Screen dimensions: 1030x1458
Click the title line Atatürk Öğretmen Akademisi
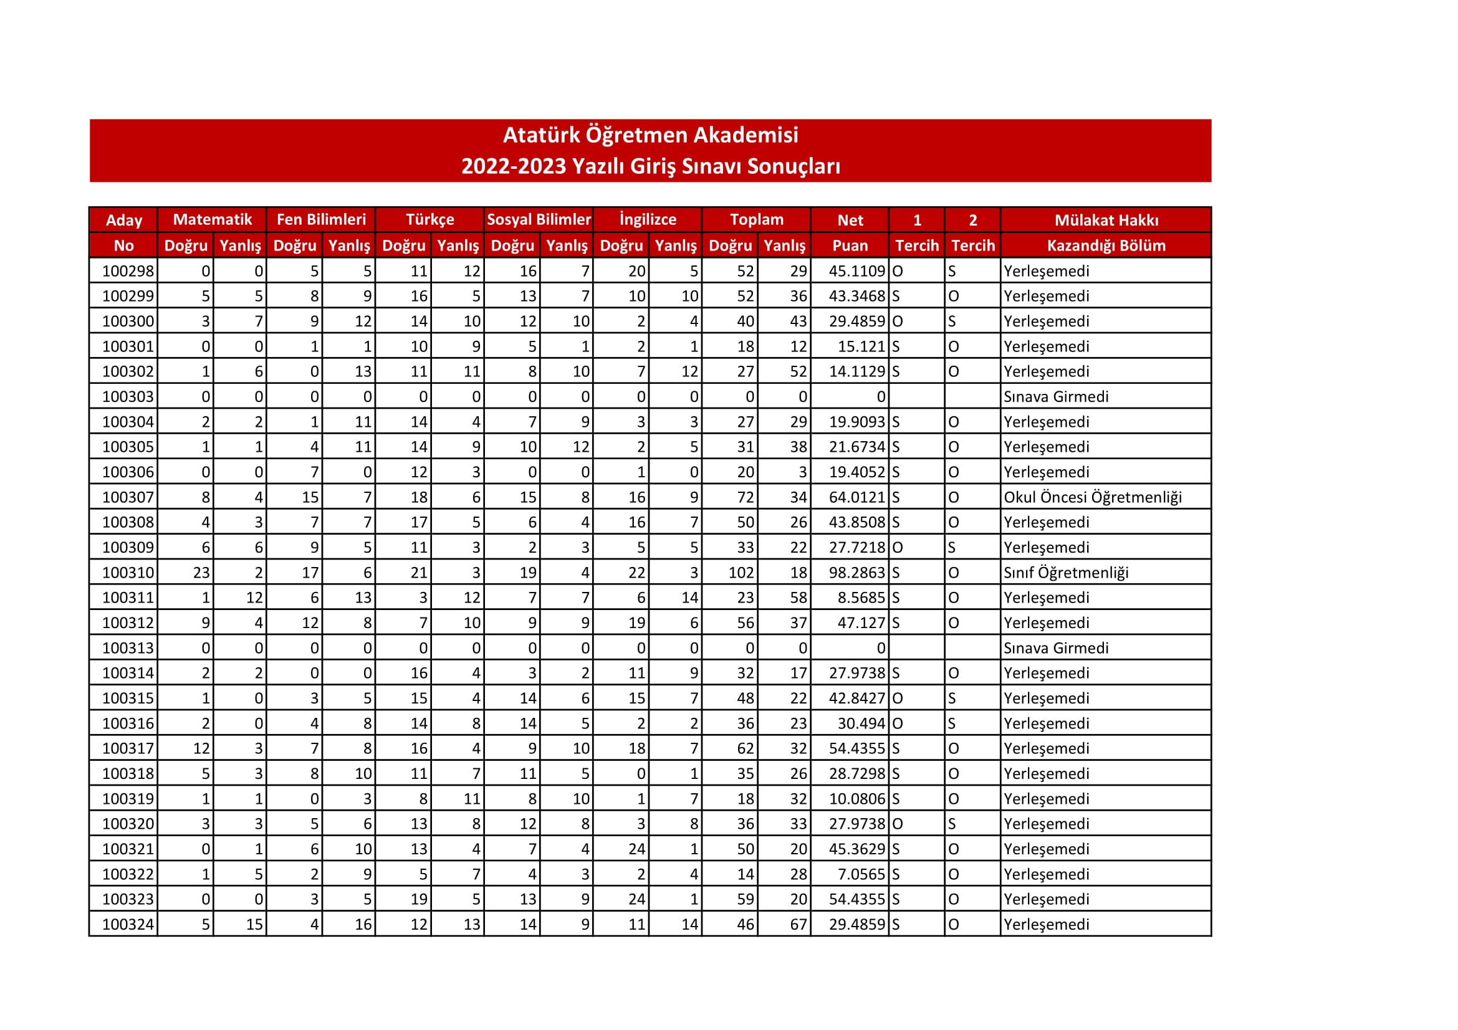pyautogui.click(x=650, y=135)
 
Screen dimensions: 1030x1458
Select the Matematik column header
pyautogui.click(x=212, y=219)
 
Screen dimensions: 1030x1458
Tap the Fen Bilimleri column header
pyautogui.click(x=320, y=219)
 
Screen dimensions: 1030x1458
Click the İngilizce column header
pyautogui.click(x=647, y=219)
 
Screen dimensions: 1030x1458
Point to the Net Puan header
pyautogui.click(x=850, y=232)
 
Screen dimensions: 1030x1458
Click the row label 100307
pyautogui.click(x=128, y=497)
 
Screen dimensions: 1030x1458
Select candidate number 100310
pyautogui.click(x=128, y=573)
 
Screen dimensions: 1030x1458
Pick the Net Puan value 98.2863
pyautogui.click(x=856, y=573)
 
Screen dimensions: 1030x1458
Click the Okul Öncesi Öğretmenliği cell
pyautogui.click(x=1092, y=497)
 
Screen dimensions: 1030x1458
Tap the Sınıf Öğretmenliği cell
pyautogui.click(x=1065, y=573)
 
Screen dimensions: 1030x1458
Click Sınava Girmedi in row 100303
pyautogui.click(x=1055, y=398)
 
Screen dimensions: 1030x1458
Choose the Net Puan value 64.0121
pyautogui.click(x=856, y=497)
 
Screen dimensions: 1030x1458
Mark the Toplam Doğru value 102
pyautogui.click(x=741, y=573)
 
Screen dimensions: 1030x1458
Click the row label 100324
pyautogui.click(x=128, y=925)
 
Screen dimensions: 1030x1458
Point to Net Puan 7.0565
pyautogui.click(x=860, y=874)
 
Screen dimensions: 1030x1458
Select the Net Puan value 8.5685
pyautogui.click(x=860, y=598)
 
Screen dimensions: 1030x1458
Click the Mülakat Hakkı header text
pyautogui.click(x=1106, y=220)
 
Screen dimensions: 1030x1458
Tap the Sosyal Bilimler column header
pyautogui.click(x=539, y=219)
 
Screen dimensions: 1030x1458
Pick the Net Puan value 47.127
pyautogui.click(x=860, y=623)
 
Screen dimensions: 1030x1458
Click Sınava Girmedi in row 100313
pyautogui.click(x=1055, y=649)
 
